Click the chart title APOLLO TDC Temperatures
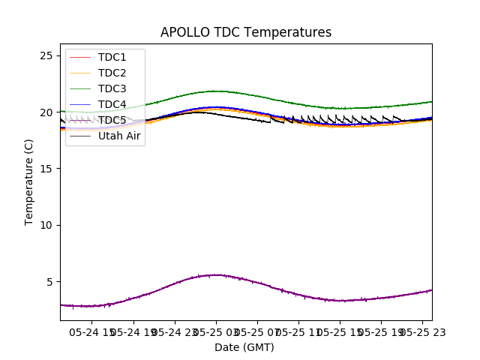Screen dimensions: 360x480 click(246, 33)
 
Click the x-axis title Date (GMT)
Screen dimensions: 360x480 click(244, 347)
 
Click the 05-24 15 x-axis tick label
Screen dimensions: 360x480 click(92, 331)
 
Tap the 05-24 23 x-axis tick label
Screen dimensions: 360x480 click(174, 331)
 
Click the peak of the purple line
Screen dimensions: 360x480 click(215, 274)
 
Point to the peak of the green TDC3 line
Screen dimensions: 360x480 click(215, 91)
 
